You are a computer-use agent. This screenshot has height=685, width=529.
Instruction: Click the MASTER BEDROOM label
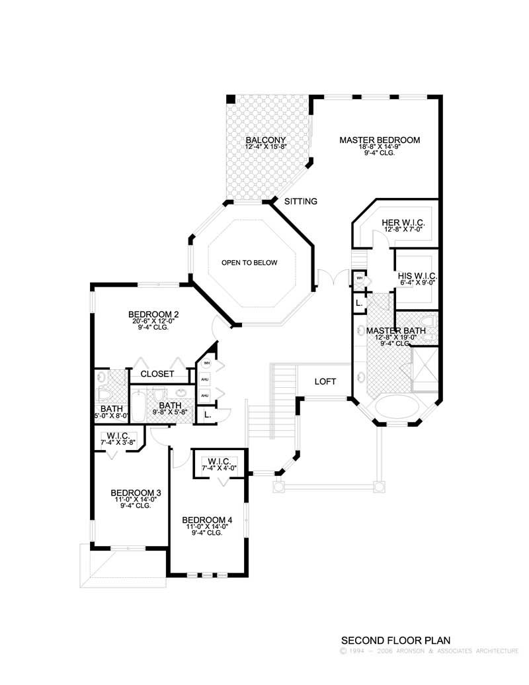380,140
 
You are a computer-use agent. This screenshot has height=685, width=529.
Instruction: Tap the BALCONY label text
265,140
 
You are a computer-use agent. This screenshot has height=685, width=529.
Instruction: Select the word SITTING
301,201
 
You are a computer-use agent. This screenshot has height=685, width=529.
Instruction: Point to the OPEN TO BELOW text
249,263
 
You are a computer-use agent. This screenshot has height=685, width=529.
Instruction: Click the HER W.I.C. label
403,223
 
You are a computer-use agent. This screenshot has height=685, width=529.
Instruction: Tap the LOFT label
325,382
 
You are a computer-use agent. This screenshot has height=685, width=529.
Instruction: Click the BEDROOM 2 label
153,314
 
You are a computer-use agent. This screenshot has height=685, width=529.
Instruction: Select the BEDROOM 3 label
136,492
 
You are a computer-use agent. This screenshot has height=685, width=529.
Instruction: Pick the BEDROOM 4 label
207,520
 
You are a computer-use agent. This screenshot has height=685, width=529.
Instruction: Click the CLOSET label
158,374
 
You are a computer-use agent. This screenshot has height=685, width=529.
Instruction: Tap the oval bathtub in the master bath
396,406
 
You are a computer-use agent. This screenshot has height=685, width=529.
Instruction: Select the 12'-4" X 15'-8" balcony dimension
265,147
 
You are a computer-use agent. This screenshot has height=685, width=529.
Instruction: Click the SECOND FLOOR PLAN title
395,641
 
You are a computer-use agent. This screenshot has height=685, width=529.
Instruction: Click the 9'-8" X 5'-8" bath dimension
170,412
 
